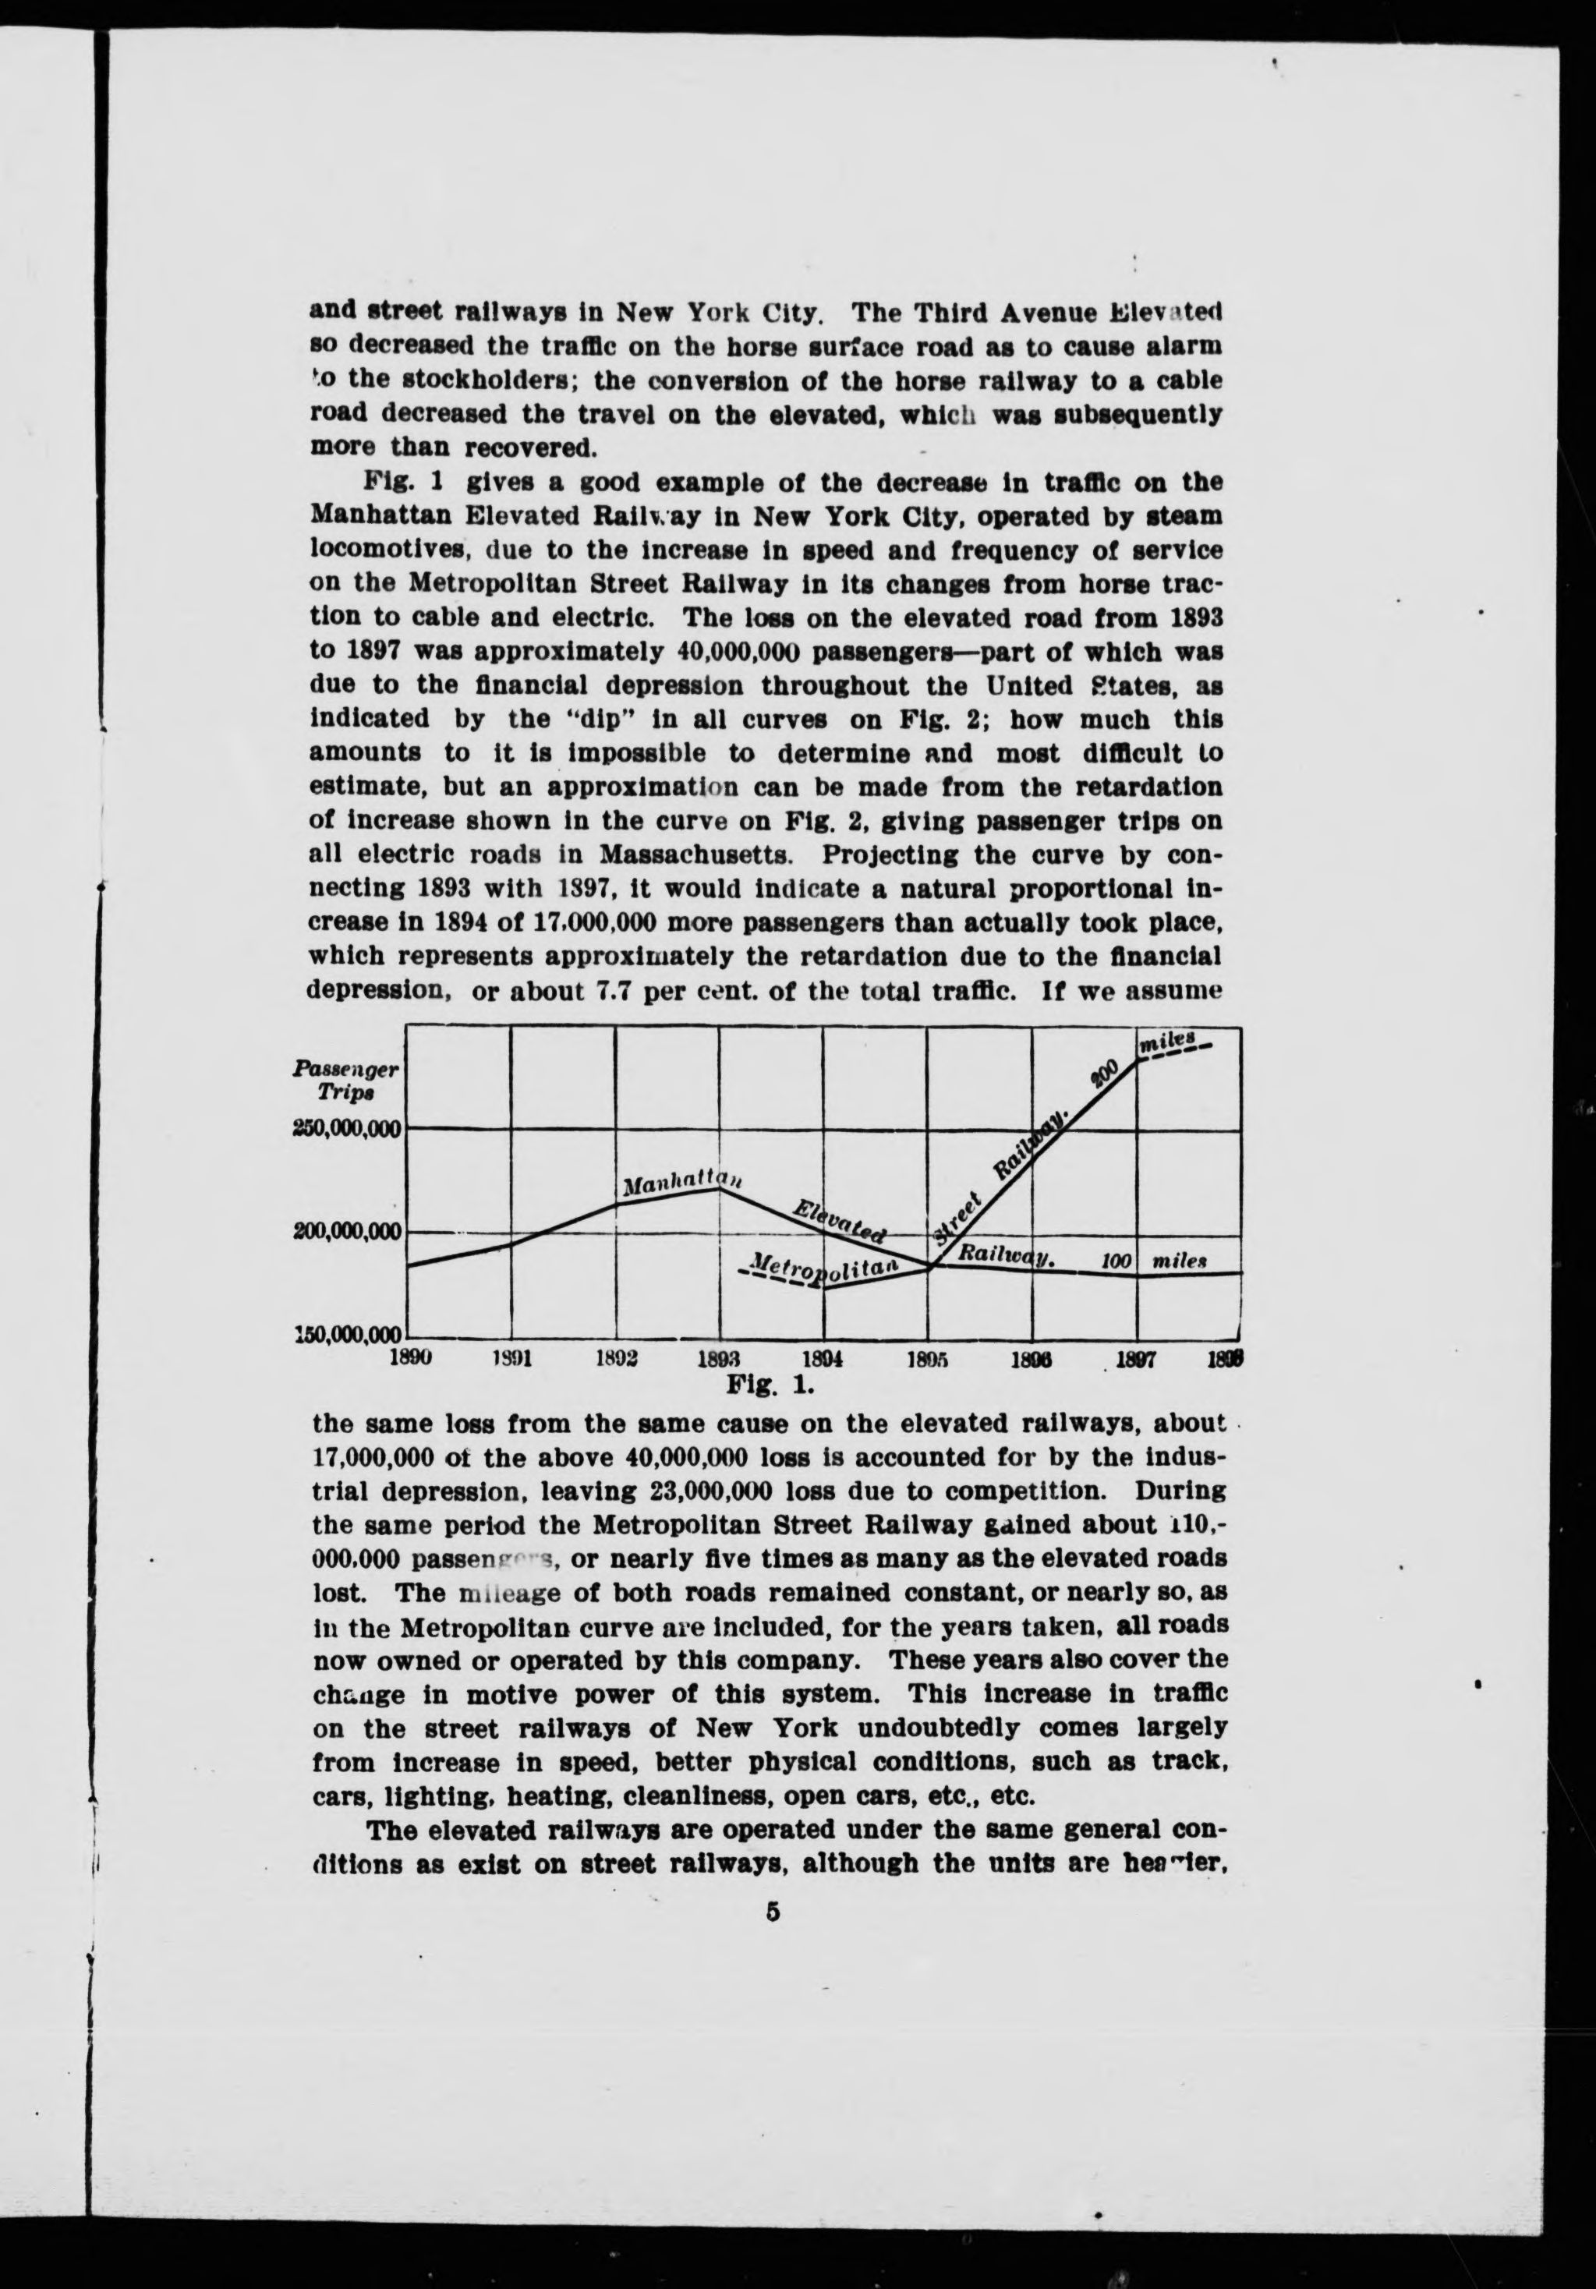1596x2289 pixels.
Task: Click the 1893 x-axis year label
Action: point(719,1358)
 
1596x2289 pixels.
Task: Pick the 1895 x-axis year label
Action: point(928,1358)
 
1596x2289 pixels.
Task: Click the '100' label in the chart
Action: point(1116,1262)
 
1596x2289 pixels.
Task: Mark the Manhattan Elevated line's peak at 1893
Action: point(720,1187)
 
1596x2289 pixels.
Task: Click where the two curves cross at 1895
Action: point(929,1267)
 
